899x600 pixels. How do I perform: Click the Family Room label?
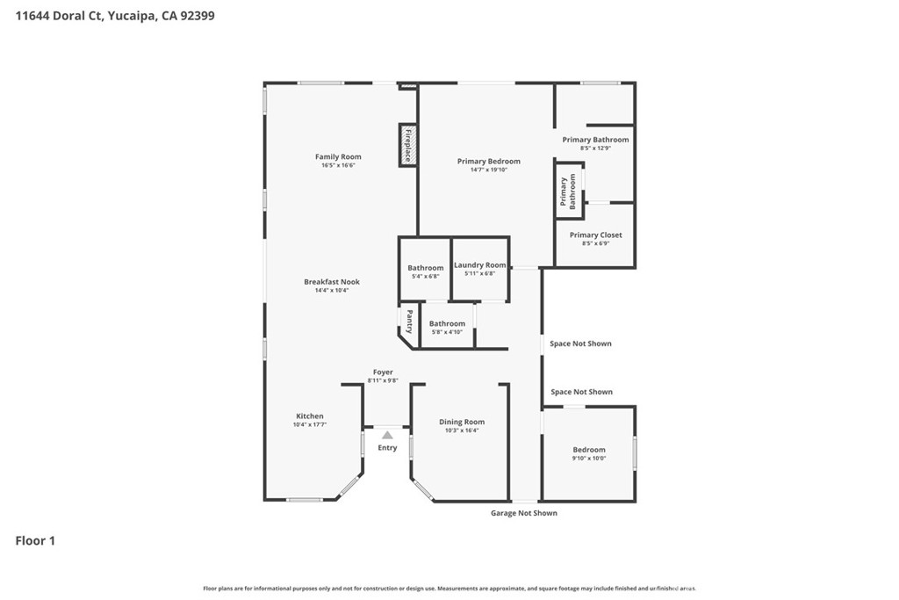(x=338, y=156)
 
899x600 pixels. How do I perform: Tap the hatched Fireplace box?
(x=407, y=146)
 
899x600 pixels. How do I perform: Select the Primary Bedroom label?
(x=488, y=161)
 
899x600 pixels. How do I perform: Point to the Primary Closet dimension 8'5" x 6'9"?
(x=596, y=243)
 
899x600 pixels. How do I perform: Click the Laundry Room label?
(x=480, y=265)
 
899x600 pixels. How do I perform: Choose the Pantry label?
(x=409, y=322)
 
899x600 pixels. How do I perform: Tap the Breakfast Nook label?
(x=332, y=282)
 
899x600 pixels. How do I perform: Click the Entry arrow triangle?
(x=387, y=435)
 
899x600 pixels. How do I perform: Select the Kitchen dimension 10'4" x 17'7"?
(x=310, y=424)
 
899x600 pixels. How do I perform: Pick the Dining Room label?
(x=462, y=422)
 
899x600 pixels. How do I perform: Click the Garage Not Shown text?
(x=524, y=513)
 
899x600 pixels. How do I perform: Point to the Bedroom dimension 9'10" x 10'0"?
(x=589, y=459)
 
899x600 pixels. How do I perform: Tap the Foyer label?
(x=383, y=372)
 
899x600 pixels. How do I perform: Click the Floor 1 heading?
(x=35, y=541)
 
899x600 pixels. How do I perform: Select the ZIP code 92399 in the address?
(x=198, y=16)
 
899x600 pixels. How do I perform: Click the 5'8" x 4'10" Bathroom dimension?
(x=447, y=331)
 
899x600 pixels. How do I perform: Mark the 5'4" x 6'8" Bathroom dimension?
(x=426, y=277)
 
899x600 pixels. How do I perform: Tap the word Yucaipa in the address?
(x=131, y=16)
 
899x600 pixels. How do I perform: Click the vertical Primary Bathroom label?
(x=568, y=192)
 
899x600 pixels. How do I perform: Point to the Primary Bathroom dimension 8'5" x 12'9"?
(x=596, y=148)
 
